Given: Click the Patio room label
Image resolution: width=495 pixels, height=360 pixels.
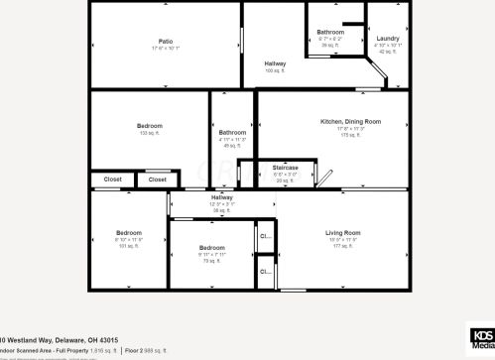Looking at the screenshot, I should [x=166, y=42].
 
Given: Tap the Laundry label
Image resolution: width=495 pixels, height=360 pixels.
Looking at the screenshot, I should [x=388, y=39].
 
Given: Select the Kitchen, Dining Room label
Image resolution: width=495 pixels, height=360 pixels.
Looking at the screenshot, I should [x=350, y=121].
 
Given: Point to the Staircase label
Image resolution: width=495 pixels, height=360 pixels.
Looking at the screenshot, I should [x=286, y=169].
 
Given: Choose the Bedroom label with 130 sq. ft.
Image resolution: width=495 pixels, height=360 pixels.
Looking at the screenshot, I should [x=150, y=126].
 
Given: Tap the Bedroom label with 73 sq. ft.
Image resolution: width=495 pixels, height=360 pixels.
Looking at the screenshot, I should [x=211, y=248].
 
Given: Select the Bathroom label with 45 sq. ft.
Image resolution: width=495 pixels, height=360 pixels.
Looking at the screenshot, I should [x=232, y=133].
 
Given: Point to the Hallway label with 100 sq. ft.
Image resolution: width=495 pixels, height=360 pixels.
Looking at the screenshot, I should [x=276, y=64].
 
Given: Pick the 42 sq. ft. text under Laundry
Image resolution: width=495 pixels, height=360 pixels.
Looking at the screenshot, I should [x=388, y=52].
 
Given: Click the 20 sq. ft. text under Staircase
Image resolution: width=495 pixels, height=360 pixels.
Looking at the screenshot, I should [x=286, y=180].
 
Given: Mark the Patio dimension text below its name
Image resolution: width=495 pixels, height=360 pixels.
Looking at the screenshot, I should [x=166, y=49].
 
